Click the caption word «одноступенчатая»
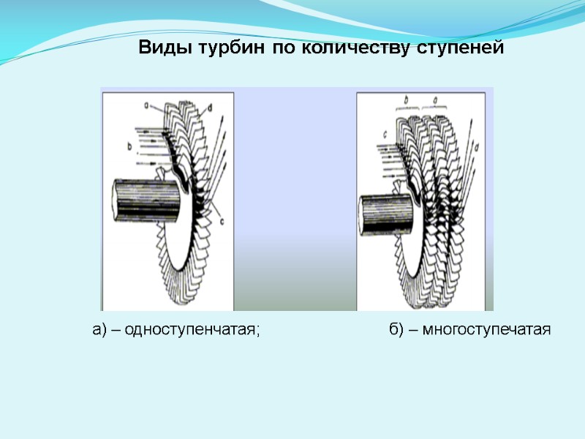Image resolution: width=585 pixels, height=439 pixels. click(x=192, y=331)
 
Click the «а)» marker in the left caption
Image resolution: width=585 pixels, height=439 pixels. click(x=100, y=331)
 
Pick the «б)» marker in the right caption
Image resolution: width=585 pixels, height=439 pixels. click(x=396, y=331)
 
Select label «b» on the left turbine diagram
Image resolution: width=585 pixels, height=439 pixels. click(x=129, y=146)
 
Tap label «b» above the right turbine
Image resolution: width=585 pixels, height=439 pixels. click(x=407, y=97)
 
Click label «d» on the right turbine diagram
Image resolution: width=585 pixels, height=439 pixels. click(x=477, y=147)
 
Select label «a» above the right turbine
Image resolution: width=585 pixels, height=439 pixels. click(x=436, y=97)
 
